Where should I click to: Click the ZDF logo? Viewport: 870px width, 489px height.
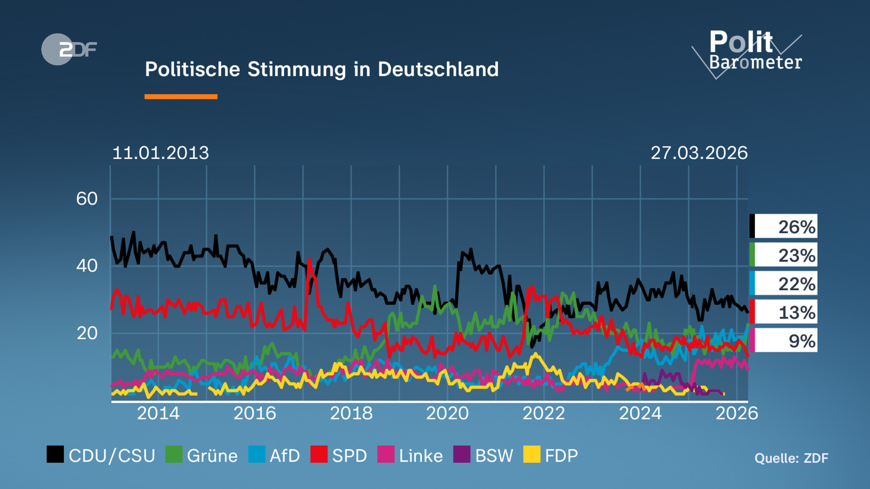pyautogui.click(x=69, y=49)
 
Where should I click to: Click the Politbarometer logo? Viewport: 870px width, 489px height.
pyautogui.click(x=750, y=53)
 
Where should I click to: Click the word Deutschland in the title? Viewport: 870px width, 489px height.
pyautogui.click(x=438, y=69)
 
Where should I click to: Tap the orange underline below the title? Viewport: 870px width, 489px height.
pyautogui.click(x=181, y=96)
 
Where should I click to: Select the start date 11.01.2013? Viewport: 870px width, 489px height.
pyautogui.click(x=161, y=153)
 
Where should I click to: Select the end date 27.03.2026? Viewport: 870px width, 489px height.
pyautogui.click(x=699, y=153)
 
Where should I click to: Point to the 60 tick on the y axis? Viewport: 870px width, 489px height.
pyautogui.click(x=87, y=199)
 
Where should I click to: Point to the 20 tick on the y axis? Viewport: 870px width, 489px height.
pyautogui.click(x=87, y=333)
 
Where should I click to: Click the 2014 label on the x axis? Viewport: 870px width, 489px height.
pyautogui.click(x=158, y=413)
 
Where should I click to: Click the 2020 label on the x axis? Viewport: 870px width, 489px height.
pyautogui.click(x=447, y=413)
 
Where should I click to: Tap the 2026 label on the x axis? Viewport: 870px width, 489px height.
pyautogui.click(x=737, y=413)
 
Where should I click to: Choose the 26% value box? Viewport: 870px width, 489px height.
pyautogui.click(x=783, y=226)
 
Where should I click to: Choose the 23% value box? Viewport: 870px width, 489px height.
pyautogui.click(x=783, y=255)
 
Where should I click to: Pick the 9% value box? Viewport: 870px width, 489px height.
pyautogui.click(x=783, y=340)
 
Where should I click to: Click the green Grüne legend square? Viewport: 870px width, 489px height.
pyautogui.click(x=174, y=454)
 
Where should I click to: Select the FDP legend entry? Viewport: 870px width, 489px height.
pyautogui.click(x=551, y=455)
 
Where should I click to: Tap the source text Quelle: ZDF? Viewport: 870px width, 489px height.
pyautogui.click(x=791, y=458)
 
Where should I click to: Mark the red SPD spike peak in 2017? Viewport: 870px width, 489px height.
pyautogui.click(x=309, y=259)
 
